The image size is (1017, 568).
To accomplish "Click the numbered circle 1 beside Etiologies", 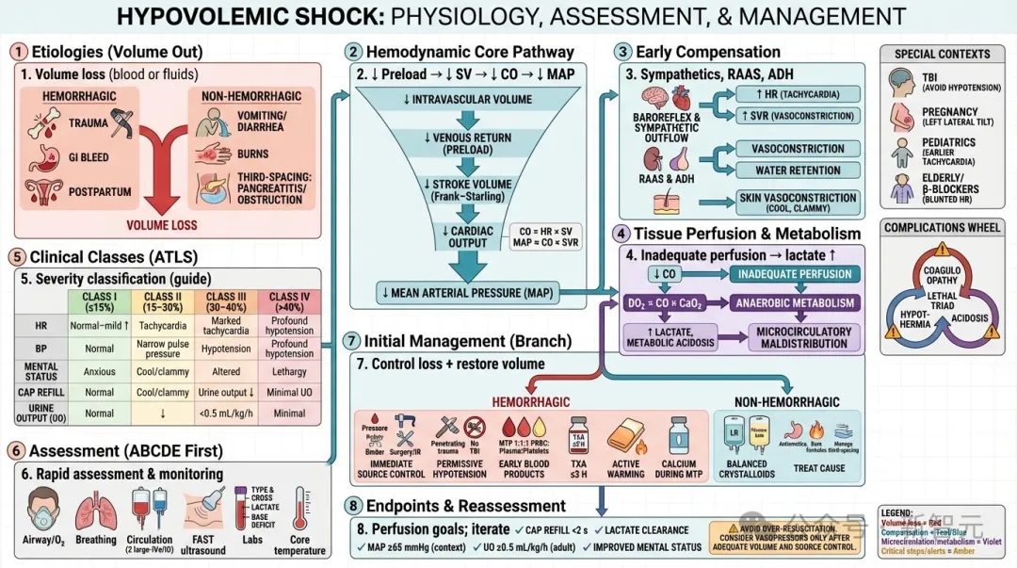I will click(x=18, y=52).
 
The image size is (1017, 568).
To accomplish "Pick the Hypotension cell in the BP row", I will click(x=226, y=348).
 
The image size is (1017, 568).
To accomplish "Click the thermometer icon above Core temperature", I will click(x=300, y=509).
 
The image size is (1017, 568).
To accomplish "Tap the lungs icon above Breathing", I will click(x=96, y=509).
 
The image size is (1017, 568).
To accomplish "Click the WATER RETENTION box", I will click(x=797, y=170).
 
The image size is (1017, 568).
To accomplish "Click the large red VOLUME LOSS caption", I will click(x=162, y=225).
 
